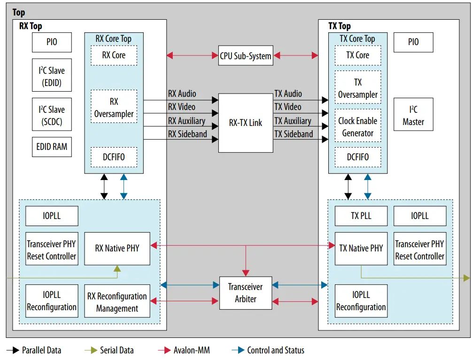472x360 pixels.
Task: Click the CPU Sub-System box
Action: tap(246, 56)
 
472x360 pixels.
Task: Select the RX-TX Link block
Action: tap(246, 123)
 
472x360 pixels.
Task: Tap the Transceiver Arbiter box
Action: tap(246, 293)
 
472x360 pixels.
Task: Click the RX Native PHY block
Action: tap(117, 248)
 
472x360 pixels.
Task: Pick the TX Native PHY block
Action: tap(361, 248)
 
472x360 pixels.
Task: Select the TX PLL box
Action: tap(361, 216)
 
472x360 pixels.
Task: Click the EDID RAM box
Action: tap(52, 147)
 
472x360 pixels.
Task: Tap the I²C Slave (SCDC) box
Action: tap(52, 116)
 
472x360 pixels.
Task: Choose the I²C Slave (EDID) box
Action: tap(52, 77)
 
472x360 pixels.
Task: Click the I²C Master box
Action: tap(413, 116)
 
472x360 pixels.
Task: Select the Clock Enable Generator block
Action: tap(357, 126)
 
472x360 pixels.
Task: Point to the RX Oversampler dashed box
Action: tap(114, 108)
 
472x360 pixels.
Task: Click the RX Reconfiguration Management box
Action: tap(117, 302)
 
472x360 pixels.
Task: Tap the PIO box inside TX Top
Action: tap(413, 42)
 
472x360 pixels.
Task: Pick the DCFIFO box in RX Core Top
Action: tap(114, 157)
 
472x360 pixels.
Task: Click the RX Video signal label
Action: tap(181, 107)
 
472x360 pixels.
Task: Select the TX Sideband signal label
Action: tap(294, 134)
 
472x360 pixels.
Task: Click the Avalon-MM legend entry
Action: tap(190, 350)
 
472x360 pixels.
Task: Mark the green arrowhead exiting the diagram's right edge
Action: tap(466, 278)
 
